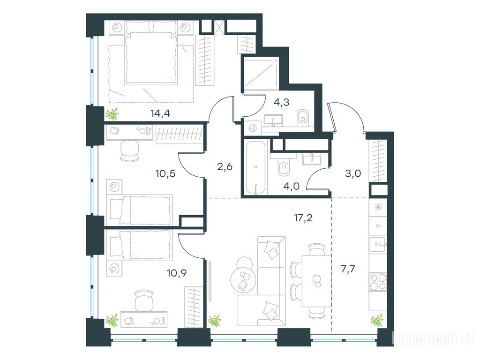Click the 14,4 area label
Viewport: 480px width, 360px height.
click(x=160, y=113)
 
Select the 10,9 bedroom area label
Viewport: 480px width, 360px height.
click(x=177, y=272)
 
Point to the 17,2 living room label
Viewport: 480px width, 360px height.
click(x=302, y=218)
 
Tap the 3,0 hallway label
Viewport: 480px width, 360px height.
click(x=353, y=173)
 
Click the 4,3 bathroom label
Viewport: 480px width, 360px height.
click(x=281, y=102)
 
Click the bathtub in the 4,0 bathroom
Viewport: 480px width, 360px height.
click(x=255, y=167)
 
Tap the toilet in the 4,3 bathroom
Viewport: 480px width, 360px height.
click(x=303, y=117)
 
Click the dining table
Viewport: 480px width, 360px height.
click(x=316, y=281)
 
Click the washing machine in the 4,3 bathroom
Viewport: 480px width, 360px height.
click(x=253, y=127)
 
